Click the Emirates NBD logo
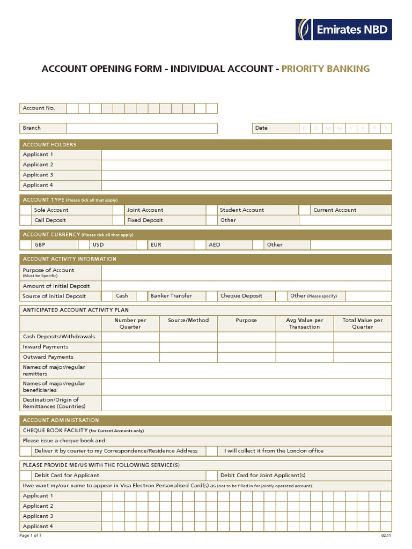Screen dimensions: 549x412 pyautogui.click(x=343, y=29)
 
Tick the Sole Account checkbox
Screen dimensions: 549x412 pyautogui.click(x=25, y=210)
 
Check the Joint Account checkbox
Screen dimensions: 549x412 pyautogui.click(x=119, y=210)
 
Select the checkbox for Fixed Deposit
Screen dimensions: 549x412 pyautogui.click(x=119, y=220)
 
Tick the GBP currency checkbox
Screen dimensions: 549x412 pyautogui.click(x=25, y=245)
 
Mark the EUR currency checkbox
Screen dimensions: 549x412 pyautogui.click(x=141, y=245)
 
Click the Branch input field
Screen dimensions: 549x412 pyautogui.click(x=142, y=128)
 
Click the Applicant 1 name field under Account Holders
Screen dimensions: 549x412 pyautogui.click(x=246, y=155)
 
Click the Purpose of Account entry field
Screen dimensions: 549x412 pyautogui.click(x=246, y=273)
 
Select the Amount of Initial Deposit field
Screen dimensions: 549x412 pyautogui.click(x=246, y=286)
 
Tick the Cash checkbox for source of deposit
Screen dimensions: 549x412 pyautogui.click(x=107, y=296)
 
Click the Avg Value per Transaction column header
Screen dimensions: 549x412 pyautogui.click(x=304, y=323)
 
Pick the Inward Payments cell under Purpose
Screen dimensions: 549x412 pyautogui.click(x=246, y=347)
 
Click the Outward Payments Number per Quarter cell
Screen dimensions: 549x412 pyautogui.click(x=130, y=357)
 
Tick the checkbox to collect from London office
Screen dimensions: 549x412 pyautogui.click(x=212, y=451)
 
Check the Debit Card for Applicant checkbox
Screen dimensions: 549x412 pyautogui.click(x=25, y=476)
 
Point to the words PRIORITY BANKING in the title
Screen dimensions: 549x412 pyautogui.click(x=325, y=69)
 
